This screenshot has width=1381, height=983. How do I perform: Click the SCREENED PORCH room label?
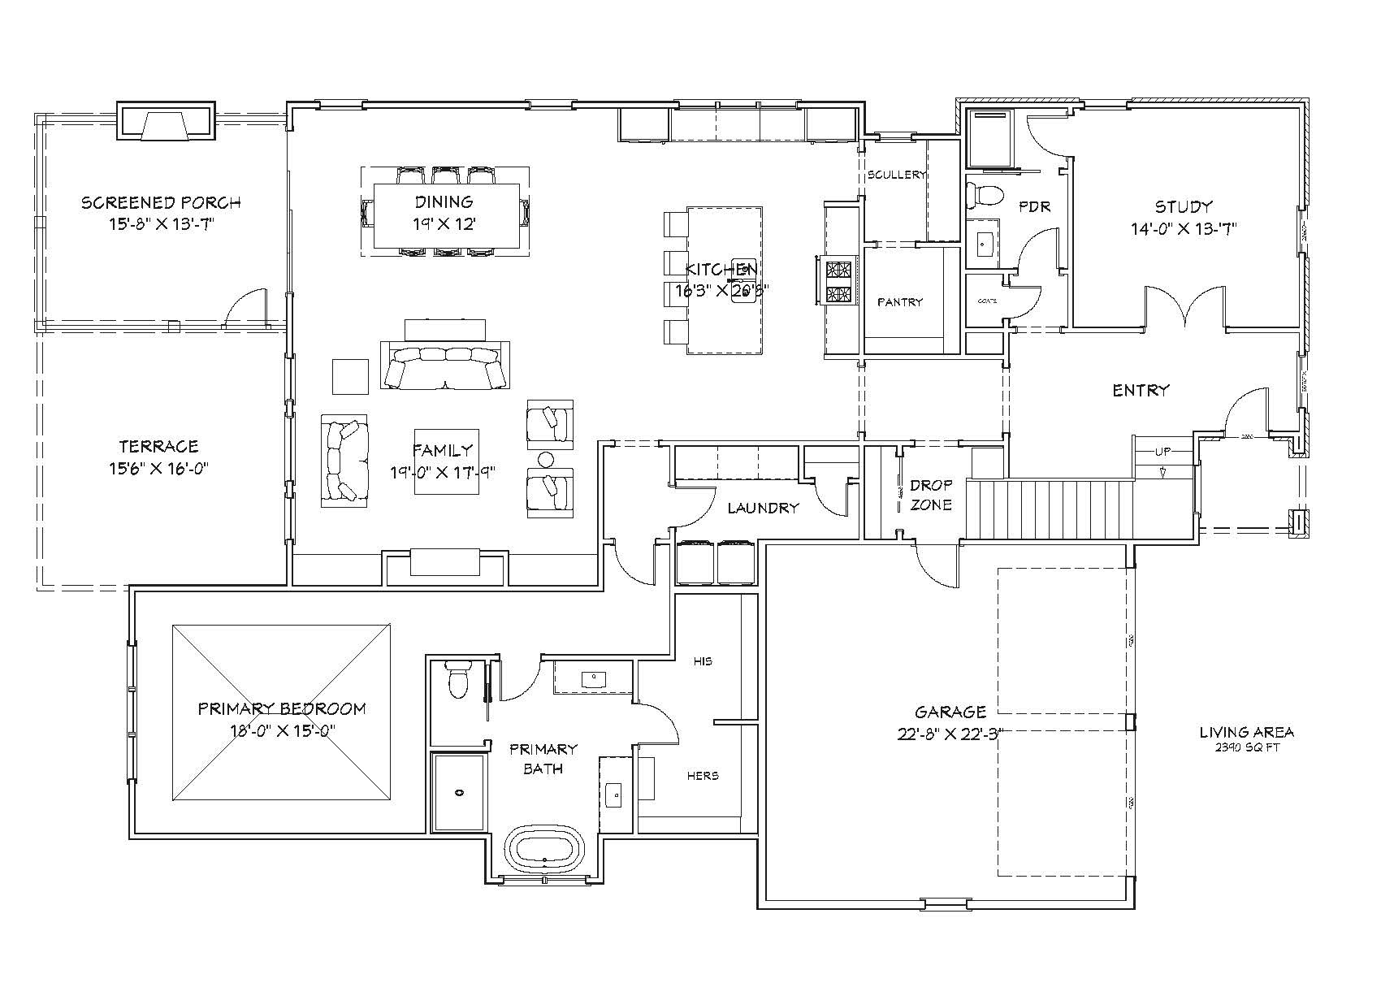[161, 202]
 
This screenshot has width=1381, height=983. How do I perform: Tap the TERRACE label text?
[158, 446]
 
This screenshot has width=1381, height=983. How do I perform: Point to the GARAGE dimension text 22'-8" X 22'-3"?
[950, 734]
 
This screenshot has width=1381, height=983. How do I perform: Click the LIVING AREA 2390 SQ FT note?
[1246, 738]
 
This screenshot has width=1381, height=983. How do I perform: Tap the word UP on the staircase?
[1162, 451]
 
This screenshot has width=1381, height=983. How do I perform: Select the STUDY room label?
[1184, 206]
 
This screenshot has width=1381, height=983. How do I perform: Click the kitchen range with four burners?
[838, 281]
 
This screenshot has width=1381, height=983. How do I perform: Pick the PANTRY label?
[900, 302]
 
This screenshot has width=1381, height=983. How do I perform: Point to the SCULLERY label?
[896, 175]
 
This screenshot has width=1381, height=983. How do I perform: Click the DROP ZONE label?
[931, 495]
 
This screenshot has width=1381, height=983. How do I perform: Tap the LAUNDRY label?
[763, 509]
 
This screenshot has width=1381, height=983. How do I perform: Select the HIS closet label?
[703, 661]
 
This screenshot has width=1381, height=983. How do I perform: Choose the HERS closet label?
[703, 776]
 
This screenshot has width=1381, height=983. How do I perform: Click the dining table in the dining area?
[446, 214]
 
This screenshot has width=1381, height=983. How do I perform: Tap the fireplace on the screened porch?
[166, 123]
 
